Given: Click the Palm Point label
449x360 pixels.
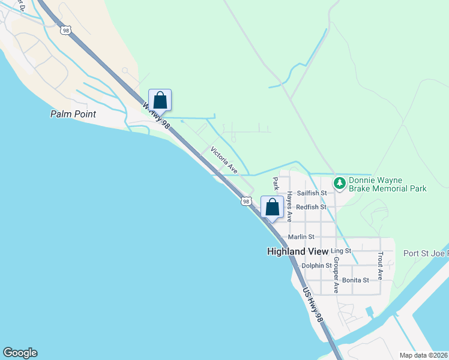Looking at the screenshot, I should click(73, 113).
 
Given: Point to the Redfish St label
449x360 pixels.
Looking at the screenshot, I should click(315, 207).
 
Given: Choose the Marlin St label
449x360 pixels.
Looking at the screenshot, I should click(301, 237).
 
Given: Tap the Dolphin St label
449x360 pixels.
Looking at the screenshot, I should click(316, 265).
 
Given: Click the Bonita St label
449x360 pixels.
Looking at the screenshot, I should click(358, 280).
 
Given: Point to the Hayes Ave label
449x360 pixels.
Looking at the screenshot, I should click(289, 206).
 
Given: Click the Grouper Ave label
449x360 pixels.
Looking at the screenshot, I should click(336, 275).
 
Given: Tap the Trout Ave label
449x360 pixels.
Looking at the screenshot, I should click(380, 266).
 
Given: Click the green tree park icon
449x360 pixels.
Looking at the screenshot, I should click(339, 182).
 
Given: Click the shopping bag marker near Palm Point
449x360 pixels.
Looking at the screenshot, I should click(160, 100).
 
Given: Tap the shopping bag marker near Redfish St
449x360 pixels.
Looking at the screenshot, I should click(272, 207).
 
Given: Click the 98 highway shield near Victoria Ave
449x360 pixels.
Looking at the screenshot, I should click(246, 202).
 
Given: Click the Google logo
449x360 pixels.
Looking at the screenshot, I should click(20, 353).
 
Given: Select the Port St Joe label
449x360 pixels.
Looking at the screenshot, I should click(426, 253).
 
